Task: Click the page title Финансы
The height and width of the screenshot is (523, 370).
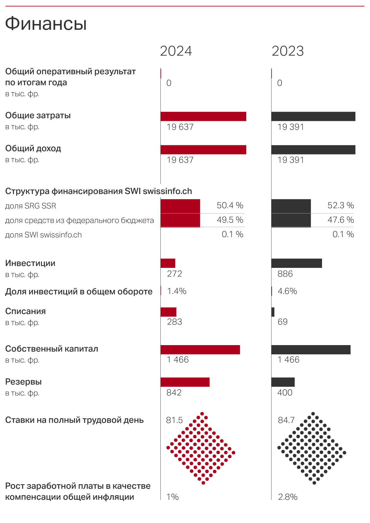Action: [46, 23]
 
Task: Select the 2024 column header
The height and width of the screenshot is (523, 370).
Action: [176, 51]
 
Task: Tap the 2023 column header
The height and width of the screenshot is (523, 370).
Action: [288, 51]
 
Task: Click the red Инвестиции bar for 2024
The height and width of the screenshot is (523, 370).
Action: [168, 263]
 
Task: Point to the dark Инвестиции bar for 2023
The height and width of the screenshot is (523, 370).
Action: [297, 263]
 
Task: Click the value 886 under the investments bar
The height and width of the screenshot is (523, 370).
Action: [285, 274]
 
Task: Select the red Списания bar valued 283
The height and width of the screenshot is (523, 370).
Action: [169, 312]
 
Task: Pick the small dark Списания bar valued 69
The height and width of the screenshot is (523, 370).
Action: [273, 312]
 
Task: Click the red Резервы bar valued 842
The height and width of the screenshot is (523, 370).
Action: [185, 382]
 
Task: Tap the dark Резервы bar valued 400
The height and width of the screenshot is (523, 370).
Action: [283, 382]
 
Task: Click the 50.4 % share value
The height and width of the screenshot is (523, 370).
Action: [230, 206]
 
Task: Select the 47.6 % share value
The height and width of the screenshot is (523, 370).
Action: [341, 220]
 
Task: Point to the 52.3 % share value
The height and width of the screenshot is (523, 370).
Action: [341, 206]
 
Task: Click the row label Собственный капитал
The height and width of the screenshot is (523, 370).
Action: [52, 349]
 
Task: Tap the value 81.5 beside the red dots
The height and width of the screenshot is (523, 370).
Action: [174, 420]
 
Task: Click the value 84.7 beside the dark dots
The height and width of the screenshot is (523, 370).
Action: [286, 420]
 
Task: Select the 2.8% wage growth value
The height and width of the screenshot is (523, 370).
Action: [288, 497]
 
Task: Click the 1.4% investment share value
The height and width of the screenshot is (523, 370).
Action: [177, 291]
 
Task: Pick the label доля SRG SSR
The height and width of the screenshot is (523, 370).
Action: [31, 206]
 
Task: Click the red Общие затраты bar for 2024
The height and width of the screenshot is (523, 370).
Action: [203, 116]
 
